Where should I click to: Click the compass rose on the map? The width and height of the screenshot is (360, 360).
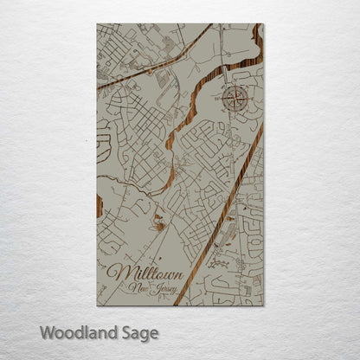tap(234, 98)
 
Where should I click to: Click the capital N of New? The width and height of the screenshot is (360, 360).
tap(129, 288)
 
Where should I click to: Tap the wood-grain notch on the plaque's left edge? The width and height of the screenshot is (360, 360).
tap(100, 206)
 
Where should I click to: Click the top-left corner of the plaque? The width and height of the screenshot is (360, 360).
tap(97, 24)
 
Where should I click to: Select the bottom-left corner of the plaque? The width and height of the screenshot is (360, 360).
tap(97, 305)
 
